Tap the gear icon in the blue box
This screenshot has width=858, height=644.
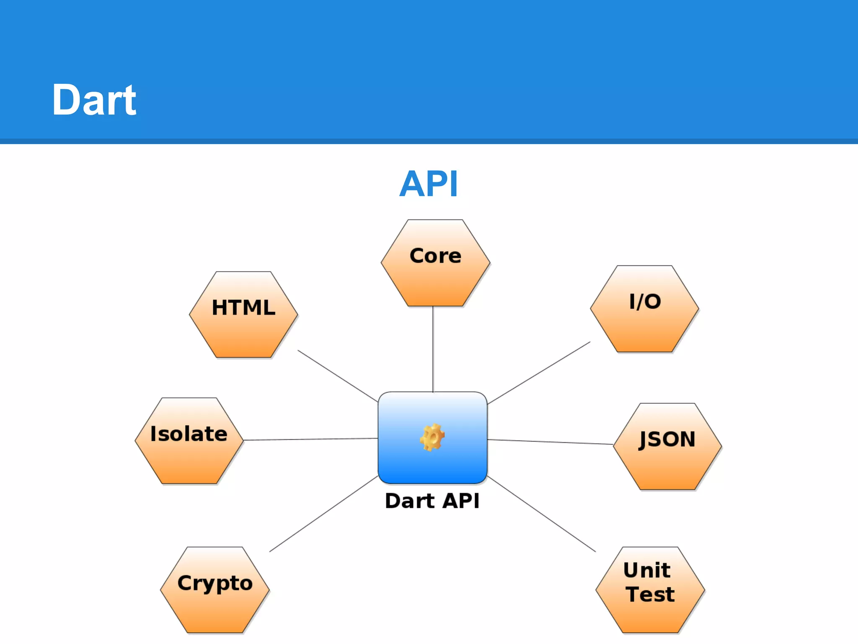(432, 437)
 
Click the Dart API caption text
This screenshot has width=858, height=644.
(432, 501)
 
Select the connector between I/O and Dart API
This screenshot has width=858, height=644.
(539, 373)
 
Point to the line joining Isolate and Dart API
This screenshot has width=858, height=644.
(310, 439)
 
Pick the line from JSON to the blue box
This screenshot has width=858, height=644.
(550, 442)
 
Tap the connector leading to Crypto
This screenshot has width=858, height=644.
(323, 514)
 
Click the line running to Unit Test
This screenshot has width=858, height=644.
(541, 514)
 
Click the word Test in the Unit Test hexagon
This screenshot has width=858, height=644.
(650, 594)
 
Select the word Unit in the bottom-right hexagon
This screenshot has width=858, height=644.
(647, 570)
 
